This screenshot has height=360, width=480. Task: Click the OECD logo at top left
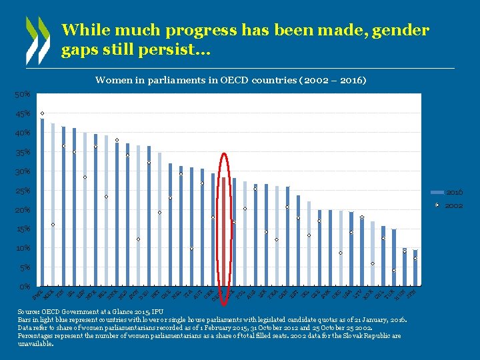click(37, 40)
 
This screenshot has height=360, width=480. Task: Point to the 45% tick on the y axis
click(23, 114)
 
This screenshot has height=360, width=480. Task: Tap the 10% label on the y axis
click(23, 249)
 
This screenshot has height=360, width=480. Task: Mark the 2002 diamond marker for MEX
click(53, 225)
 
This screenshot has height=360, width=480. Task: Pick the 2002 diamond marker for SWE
click(43, 113)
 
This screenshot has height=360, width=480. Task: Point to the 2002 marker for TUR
click(394, 270)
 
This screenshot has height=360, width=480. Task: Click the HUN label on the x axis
click(405, 291)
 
